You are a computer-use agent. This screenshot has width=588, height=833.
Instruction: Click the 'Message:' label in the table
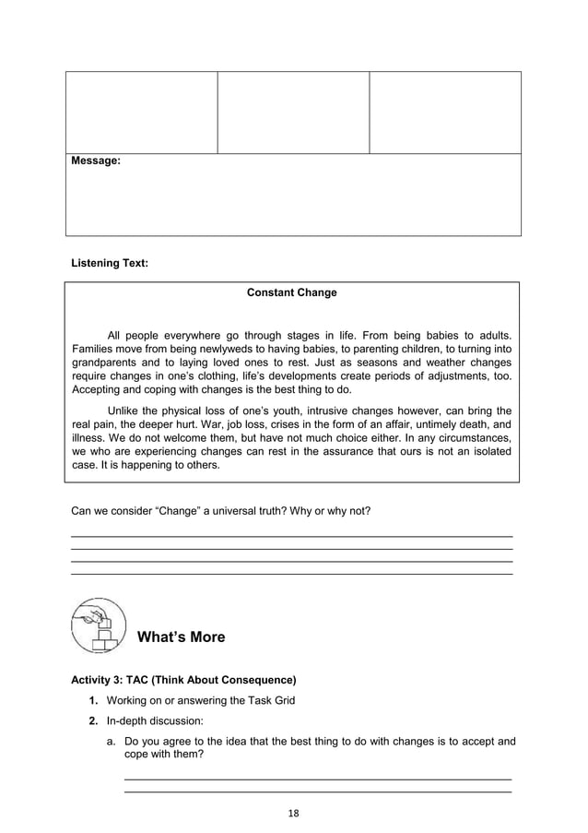click(x=96, y=161)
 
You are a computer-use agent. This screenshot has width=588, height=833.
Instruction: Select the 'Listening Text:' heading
click(x=110, y=264)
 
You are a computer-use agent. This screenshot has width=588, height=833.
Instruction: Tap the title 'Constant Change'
click(x=292, y=293)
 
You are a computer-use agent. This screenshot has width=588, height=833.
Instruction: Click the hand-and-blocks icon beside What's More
click(x=98, y=626)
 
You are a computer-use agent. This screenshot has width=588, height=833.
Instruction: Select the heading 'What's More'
click(x=181, y=637)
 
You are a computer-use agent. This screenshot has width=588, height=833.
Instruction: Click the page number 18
click(x=294, y=813)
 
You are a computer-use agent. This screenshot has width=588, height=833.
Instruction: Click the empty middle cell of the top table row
click(x=293, y=112)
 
